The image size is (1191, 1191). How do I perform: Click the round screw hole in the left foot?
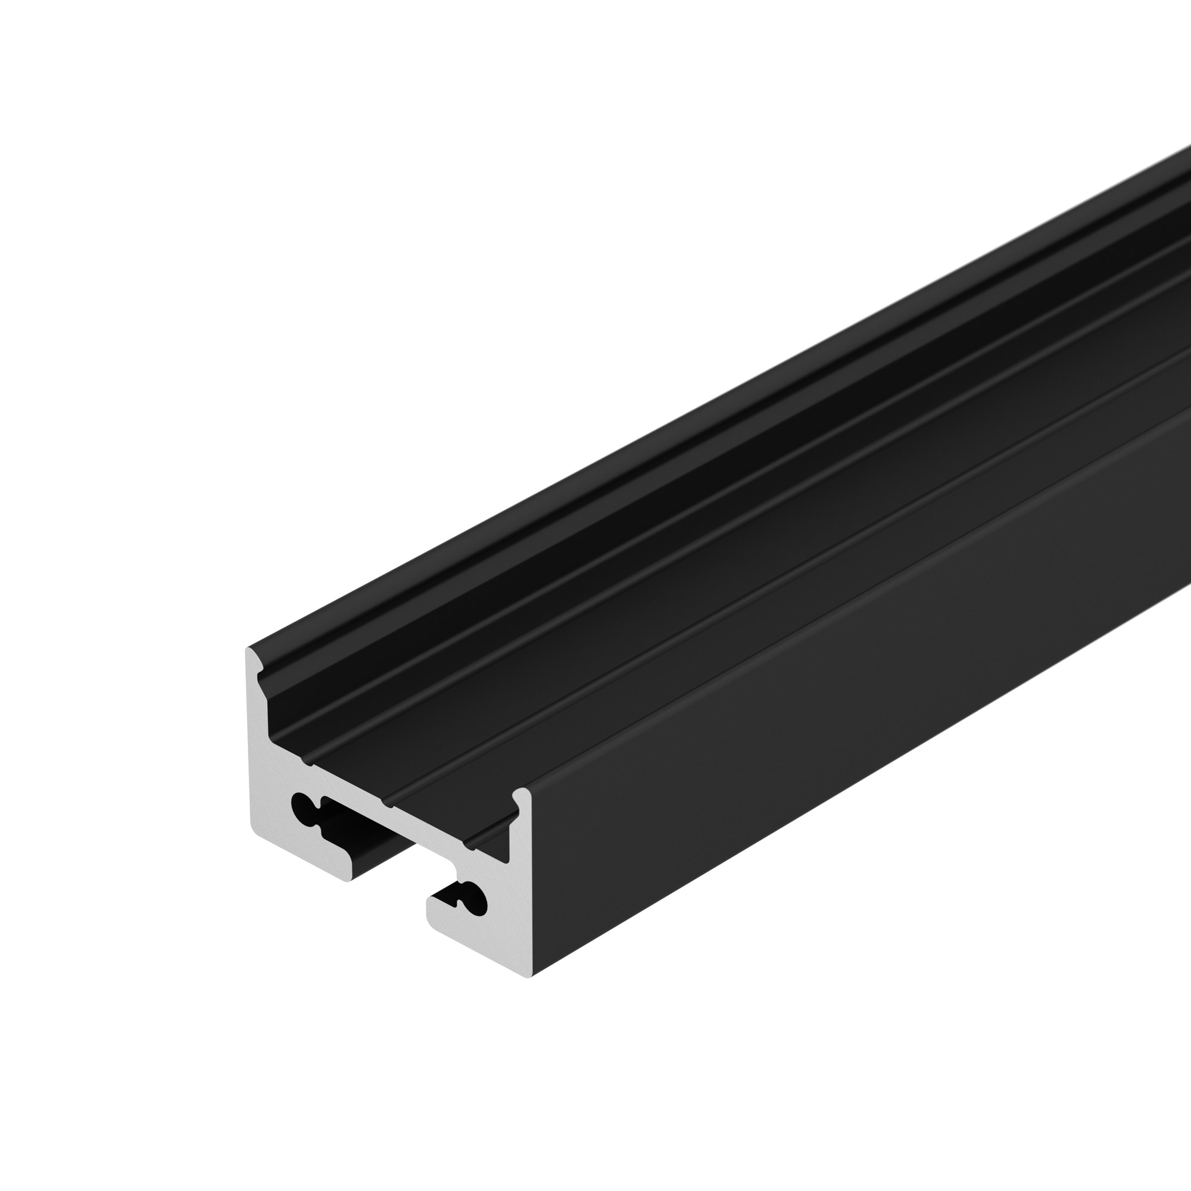tap(301, 805)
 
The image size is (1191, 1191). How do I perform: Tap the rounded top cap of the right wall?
tap(522, 794)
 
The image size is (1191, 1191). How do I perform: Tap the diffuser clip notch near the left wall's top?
tap(261, 676)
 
